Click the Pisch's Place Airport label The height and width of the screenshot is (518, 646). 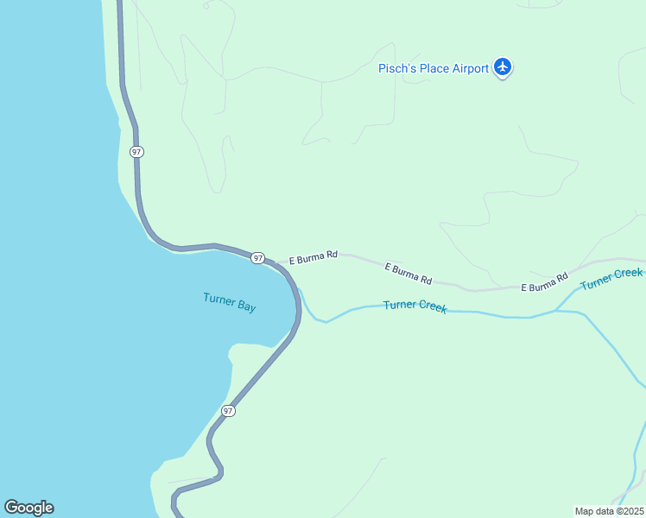tap(433, 68)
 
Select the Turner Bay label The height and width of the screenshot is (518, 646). tap(229, 302)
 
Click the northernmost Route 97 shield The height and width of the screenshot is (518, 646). tap(136, 152)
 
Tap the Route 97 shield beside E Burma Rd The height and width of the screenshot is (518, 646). tap(257, 258)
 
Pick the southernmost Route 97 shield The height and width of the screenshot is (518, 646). tap(227, 411)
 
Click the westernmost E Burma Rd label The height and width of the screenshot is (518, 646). tap(313, 257)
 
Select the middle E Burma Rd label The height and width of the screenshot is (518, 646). tap(408, 274)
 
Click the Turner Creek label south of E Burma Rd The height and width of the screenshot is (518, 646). tap(415, 306)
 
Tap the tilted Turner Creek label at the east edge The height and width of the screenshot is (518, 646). tap(611, 279)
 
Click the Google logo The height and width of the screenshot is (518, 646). tap(28, 508)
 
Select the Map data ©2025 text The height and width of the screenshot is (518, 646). tap(610, 511)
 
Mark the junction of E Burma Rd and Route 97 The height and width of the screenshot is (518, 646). tap(276, 262)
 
